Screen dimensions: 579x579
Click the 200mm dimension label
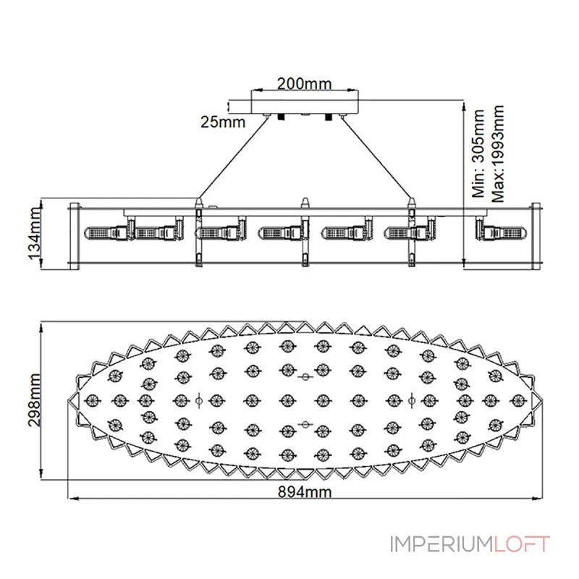pyautogui.click(x=304, y=84)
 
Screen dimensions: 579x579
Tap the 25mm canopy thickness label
pyautogui.click(x=223, y=122)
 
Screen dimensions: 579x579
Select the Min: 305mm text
pyautogui.click(x=478, y=153)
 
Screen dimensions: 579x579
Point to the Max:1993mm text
pyautogui.click(x=498, y=153)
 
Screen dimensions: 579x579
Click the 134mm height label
pyautogui.click(x=34, y=233)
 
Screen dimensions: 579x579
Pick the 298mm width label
pyautogui.click(x=34, y=400)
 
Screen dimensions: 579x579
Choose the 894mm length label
pyautogui.click(x=305, y=492)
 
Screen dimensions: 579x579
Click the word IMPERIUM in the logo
pyautogui.click(x=441, y=544)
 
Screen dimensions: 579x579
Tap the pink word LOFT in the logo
pyautogui.click(x=522, y=544)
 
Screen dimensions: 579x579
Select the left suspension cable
pyautogui.click(x=232, y=158)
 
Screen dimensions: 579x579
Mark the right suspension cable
pyautogui.click(x=377, y=158)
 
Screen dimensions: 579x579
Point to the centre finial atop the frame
pyautogui.click(x=305, y=203)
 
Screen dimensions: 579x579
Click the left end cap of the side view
pyautogui.click(x=75, y=236)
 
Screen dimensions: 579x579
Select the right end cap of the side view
pyautogui.click(x=536, y=236)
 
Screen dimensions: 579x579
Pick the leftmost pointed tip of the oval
pyautogui.click(x=68, y=400)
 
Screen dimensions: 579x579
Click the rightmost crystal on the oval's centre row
pyautogui.click(x=518, y=400)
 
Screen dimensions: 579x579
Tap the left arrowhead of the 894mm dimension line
pyautogui.click(x=74, y=499)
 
